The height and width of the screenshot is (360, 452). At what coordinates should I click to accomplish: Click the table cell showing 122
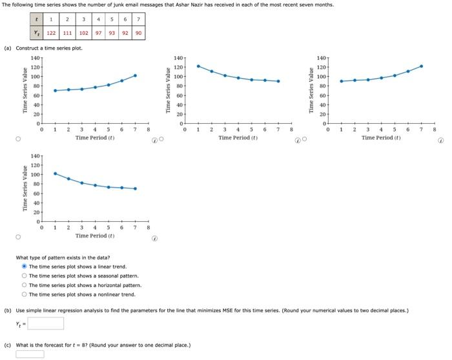coord(51,33)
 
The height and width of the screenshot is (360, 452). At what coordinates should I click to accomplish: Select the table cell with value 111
coord(67,33)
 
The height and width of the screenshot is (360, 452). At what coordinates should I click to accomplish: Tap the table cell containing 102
coord(84,33)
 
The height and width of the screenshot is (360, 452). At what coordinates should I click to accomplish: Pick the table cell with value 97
coord(98,33)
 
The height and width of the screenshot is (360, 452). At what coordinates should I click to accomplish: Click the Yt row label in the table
coord(36,33)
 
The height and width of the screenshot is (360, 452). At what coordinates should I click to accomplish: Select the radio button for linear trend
coord(25,266)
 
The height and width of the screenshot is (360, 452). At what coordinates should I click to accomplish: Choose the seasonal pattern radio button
coord(25,275)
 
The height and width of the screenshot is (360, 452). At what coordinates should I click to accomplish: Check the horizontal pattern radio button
coord(25,285)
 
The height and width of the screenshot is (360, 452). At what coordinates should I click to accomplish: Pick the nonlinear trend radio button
coord(25,294)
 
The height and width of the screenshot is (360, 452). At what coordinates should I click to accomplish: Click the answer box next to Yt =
coord(45,323)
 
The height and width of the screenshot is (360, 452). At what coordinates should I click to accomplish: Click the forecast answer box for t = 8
coord(30,354)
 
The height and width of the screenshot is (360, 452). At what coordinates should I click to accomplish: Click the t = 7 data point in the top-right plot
coord(421,66)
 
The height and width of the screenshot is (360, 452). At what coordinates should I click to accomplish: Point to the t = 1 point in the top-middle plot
coord(198,66)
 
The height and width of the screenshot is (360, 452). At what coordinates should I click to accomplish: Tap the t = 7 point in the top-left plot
coord(135,75)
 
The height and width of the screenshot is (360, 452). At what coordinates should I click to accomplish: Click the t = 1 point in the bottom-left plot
coord(55,173)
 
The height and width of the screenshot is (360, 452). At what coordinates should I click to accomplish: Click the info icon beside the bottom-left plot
coord(155,237)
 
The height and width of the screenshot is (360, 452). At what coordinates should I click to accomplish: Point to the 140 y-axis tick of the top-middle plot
coord(179,58)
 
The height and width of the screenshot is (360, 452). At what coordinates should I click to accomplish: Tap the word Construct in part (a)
coord(27,48)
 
